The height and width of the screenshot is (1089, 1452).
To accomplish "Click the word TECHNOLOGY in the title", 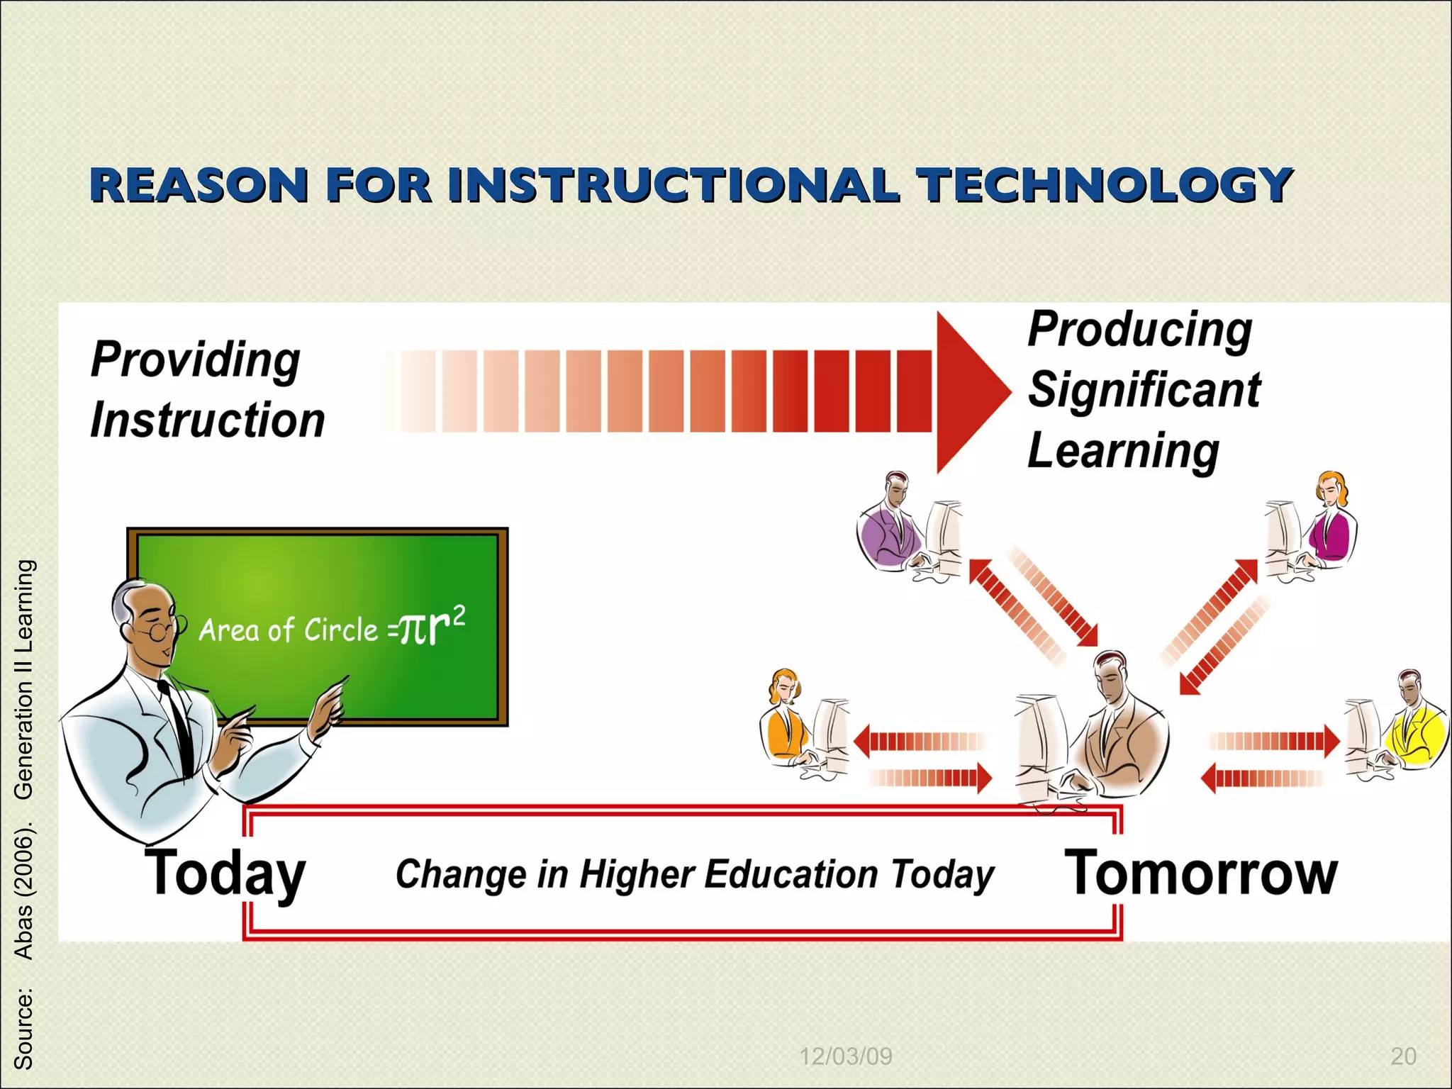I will [x=1105, y=185].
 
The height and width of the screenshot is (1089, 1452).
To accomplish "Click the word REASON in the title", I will [x=199, y=185].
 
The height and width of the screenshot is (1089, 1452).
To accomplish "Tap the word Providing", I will [x=196, y=359].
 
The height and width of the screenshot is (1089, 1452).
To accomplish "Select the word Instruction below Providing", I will [x=208, y=420].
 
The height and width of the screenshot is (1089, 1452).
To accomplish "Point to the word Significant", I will [x=1144, y=389].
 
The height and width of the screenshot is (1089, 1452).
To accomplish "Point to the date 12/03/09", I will [x=845, y=1056].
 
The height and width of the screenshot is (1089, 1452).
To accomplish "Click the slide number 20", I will [x=1403, y=1056].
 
